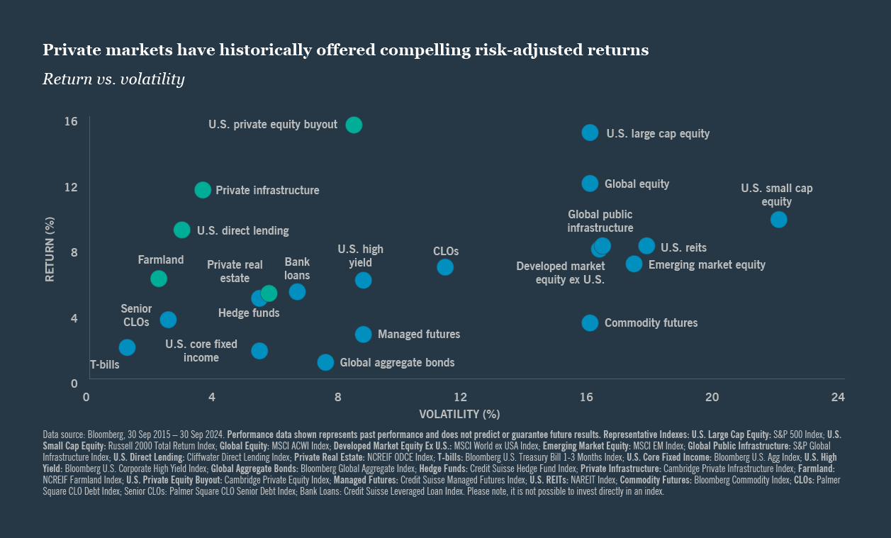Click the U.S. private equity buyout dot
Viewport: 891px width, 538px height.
(354, 125)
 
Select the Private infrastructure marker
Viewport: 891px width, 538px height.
(203, 190)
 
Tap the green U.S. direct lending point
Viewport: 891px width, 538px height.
(182, 230)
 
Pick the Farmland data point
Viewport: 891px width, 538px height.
(159, 279)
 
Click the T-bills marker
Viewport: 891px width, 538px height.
(127, 347)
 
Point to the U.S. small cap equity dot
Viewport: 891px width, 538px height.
(778, 220)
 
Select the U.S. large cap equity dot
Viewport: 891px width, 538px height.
(590, 133)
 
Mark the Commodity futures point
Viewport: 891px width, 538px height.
(590, 323)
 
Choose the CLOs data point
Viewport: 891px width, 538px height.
(445, 267)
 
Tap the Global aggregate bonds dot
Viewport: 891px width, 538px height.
(325, 362)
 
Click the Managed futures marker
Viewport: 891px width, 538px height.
(363, 335)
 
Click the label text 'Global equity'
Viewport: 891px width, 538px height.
(637, 184)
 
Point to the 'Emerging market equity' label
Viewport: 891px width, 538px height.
(707, 264)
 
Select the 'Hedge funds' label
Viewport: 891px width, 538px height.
(249, 313)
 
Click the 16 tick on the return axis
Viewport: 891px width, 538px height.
(71, 122)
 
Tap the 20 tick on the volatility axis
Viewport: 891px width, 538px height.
(712, 397)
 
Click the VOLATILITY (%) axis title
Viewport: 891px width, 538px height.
(459, 414)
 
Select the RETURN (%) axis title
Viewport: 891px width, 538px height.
(50, 249)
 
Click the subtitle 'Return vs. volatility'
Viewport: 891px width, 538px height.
(113, 79)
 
